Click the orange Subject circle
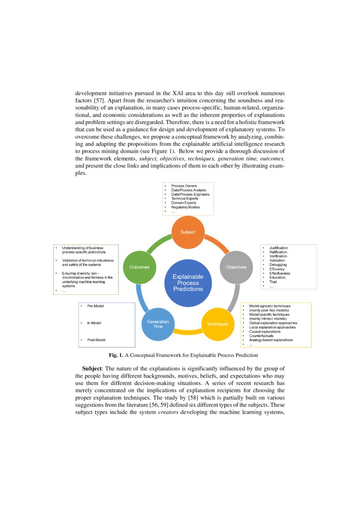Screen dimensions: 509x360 coord(188,232)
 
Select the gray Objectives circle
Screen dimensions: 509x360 coord(236,267)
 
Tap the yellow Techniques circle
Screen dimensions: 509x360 coord(217,324)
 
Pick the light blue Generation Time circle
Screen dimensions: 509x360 coord(158,324)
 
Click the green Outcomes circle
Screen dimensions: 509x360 coord(139,267)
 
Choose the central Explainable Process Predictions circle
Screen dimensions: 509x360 coord(187,283)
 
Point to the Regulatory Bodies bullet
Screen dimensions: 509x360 coord(185,207)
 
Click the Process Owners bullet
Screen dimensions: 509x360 coord(183,186)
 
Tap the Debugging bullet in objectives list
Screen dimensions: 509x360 coord(278,265)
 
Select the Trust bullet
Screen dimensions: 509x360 coord(273,282)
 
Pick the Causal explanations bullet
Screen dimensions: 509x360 coord(265,331)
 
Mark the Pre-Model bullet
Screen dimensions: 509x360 coord(95,306)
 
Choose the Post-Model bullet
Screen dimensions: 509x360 coord(96,340)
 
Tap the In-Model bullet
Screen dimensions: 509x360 coord(94,323)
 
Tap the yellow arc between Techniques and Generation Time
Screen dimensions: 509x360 coord(188,332)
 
